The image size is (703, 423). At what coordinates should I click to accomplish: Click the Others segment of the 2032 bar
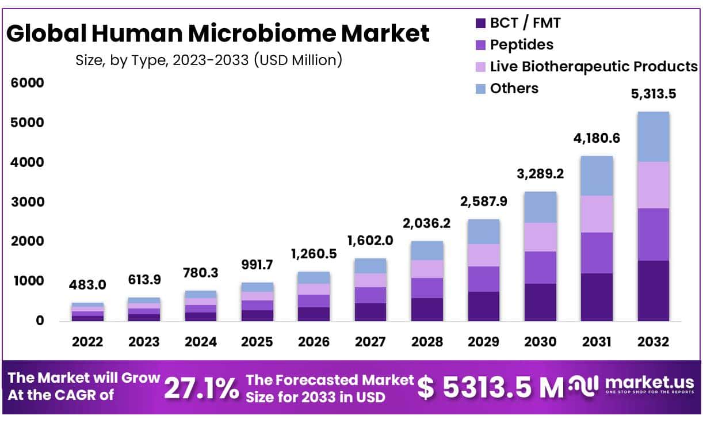tap(653, 137)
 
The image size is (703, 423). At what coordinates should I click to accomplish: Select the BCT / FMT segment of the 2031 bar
tap(597, 297)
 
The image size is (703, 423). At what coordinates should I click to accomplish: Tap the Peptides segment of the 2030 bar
tap(540, 268)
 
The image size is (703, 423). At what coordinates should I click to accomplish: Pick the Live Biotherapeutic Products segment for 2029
tap(483, 255)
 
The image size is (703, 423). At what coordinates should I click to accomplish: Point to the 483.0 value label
tap(87, 285)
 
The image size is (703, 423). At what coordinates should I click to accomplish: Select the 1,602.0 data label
tap(370, 241)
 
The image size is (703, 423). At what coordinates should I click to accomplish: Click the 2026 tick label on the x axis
tap(314, 342)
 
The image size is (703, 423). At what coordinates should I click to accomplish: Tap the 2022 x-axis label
tap(87, 342)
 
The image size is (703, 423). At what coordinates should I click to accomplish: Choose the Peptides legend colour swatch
tap(480, 45)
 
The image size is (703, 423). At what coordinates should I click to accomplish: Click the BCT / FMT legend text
tap(525, 23)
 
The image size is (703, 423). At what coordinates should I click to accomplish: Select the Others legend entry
tap(514, 88)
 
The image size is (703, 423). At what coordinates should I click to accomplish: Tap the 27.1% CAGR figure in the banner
tap(201, 388)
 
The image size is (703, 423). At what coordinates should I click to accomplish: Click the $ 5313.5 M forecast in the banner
tap(490, 387)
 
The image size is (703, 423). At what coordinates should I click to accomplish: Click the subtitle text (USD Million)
tap(298, 59)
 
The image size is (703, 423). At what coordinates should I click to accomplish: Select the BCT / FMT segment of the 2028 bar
tap(427, 309)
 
